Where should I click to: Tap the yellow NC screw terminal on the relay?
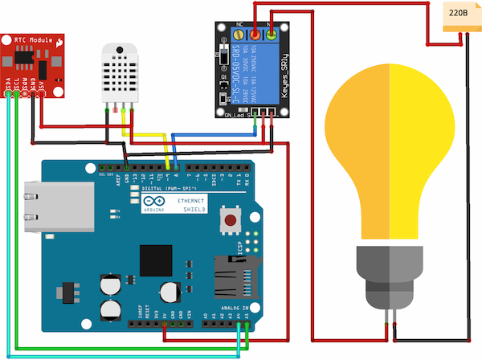click(x=239, y=36)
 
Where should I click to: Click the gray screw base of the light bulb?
click(x=390, y=277)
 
